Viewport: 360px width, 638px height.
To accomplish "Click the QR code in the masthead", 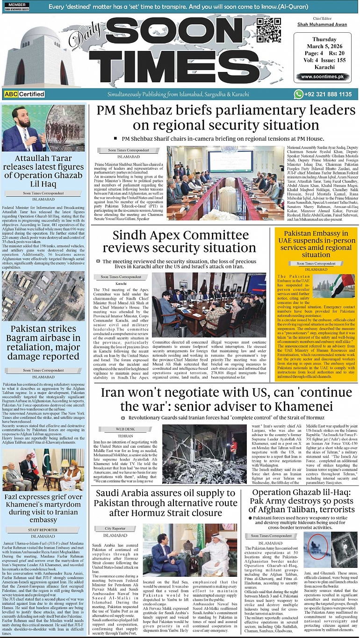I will coord(269,31).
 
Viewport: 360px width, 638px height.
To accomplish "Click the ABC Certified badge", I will coord(24,94).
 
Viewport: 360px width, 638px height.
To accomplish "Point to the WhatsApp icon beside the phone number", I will coord(298,94).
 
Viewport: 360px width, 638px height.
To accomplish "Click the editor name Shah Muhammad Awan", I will coord(323,25).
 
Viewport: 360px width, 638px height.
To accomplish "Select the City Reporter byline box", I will coord(115,528).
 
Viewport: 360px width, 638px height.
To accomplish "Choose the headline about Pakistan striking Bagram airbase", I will coord(43,343).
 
